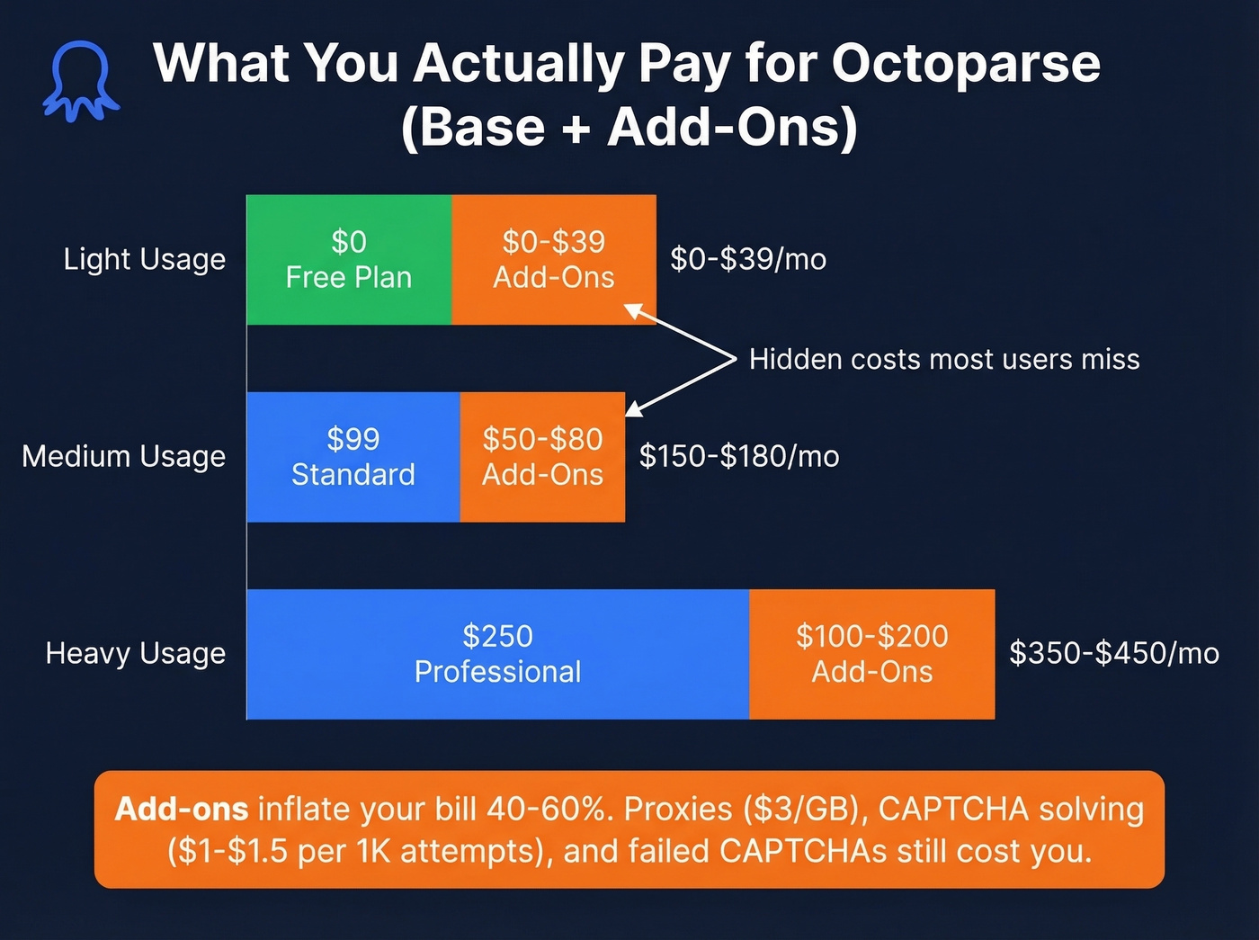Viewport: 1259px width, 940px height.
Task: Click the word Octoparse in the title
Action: (965, 64)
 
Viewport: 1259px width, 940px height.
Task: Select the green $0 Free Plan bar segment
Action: (349, 259)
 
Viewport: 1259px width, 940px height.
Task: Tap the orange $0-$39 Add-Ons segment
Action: (553, 259)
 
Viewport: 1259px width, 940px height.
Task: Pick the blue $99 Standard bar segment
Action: (353, 456)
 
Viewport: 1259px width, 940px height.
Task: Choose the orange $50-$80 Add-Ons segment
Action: (542, 456)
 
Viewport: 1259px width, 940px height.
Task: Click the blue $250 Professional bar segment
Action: (497, 654)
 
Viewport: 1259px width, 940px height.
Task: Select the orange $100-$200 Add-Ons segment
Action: (871, 654)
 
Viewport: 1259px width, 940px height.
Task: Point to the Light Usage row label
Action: (144, 259)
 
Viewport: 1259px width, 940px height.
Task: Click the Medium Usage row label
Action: (123, 456)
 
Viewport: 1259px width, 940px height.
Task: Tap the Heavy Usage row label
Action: (135, 653)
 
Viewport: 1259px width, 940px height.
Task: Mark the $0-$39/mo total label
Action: (748, 259)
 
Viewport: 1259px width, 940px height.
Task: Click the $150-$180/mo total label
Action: (739, 456)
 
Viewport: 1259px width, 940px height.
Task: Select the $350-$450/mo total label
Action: (1113, 653)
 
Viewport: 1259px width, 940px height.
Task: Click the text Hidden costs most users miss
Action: (944, 359)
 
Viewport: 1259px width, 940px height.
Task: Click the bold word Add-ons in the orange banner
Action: (182, 809)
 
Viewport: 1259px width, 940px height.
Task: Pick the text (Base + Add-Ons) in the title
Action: (629, 127)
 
